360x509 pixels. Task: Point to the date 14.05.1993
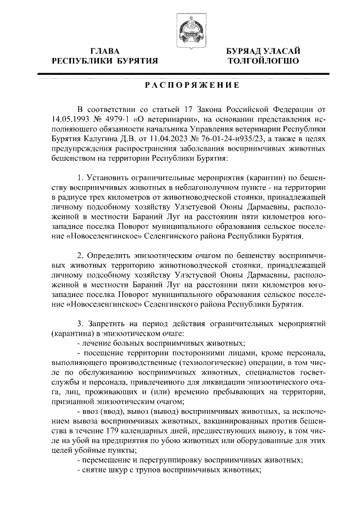coord(70,119)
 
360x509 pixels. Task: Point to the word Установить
coord(109,178)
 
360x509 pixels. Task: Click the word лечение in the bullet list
coord(97,342)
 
